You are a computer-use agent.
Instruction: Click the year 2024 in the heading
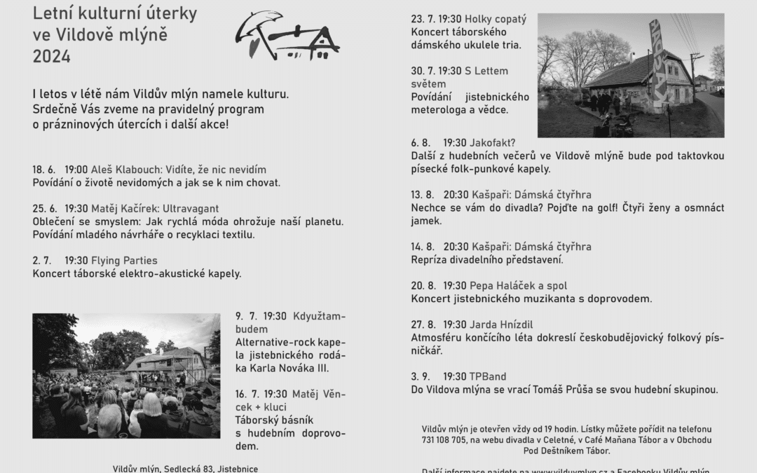tap(52, 57)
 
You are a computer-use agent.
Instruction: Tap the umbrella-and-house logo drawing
tap(287, 36)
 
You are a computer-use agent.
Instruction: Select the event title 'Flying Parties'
tap(124, 261)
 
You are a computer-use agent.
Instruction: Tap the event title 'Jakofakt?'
tap(493, 142)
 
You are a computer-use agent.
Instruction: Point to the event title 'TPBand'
tap(488, 376)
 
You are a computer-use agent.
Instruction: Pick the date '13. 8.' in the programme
tap(423, 195)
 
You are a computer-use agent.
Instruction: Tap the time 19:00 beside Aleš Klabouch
tap(76, 170)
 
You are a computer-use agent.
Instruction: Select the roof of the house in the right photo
tap(624, 68)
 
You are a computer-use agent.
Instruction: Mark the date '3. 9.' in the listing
tap(421, 376)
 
